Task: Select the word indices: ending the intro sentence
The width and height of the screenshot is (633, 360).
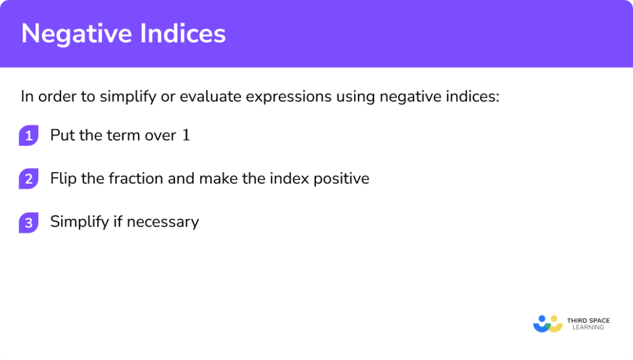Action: (x=470, y=97)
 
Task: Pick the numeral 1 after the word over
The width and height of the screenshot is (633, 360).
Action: (x=186, y=135)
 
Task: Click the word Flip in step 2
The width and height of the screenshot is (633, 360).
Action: (x=62, y=179)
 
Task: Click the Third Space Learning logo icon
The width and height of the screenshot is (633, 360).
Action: (x=548, y=324)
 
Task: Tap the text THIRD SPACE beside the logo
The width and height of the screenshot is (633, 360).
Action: (x=588, y=320)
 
